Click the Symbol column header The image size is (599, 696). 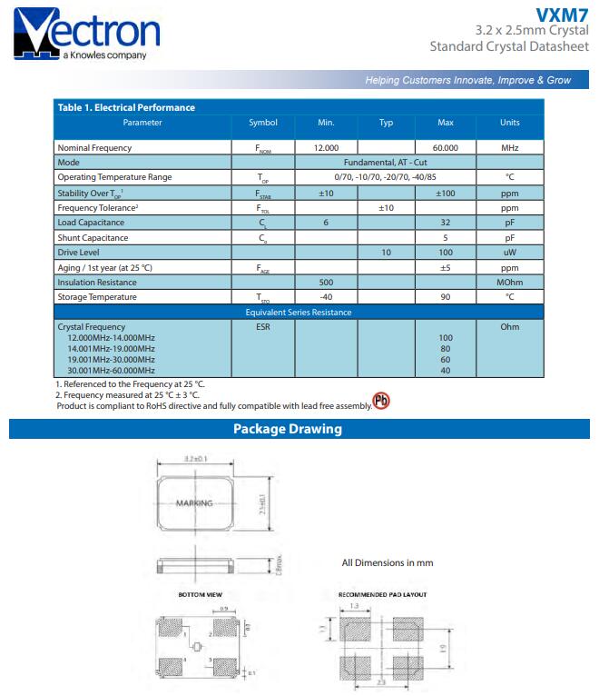coord(263,123)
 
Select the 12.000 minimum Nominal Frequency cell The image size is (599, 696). coord(326,147)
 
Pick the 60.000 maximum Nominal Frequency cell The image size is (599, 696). coord(445,147)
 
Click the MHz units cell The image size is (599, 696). coord(510,147)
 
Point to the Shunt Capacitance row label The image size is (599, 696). coord(93,237)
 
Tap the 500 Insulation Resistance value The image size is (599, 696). coord(326,282)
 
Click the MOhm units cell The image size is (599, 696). coord(510,282)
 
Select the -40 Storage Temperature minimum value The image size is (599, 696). coord(326,297)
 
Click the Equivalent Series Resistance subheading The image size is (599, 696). coord(299,313)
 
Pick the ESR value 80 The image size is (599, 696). coord(445,348)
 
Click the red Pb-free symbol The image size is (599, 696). coord(382,402)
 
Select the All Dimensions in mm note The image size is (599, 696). coord(388,562)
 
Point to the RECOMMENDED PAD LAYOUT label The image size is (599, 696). coord(382,594)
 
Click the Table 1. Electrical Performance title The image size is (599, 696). coord(126,107)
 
